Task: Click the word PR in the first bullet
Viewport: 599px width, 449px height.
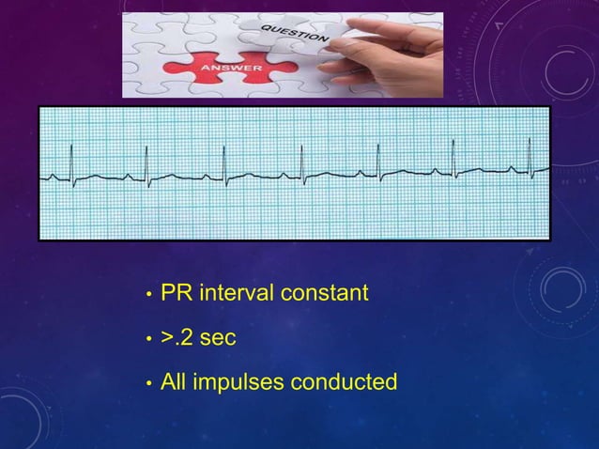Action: point(177,293)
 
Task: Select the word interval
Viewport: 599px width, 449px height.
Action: point(234,293)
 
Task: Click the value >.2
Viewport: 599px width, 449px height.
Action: point(176,337)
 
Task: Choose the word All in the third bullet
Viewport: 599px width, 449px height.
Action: point(174,382)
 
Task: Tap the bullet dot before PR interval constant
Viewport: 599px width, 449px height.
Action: point(146,295)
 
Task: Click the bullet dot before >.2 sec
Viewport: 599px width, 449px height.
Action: point(146,339)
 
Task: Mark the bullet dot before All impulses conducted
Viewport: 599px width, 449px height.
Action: point(146,384)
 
